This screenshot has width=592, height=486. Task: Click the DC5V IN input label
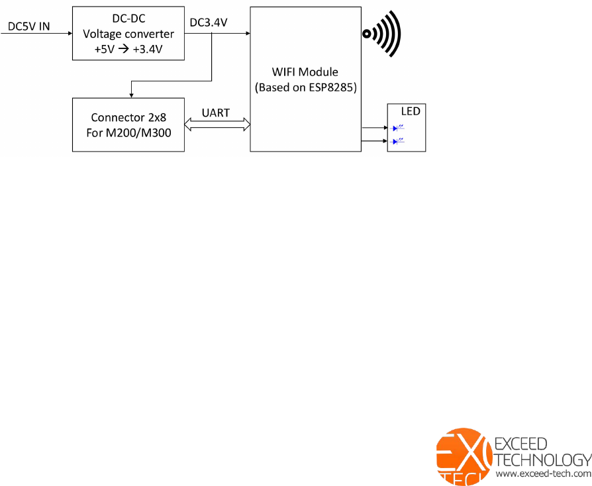(x=28, y=27)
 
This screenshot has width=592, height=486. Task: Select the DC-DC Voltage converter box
(x=128, y=33)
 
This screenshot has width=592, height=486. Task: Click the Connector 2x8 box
(x=128, y=124)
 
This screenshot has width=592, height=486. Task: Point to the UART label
(x=216, y=113)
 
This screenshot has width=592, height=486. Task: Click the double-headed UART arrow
(x=217, y=124)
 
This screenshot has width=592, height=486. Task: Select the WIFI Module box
(x=305, y=79)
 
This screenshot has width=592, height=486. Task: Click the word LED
(x=411, y=111)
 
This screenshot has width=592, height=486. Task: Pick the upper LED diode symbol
(x=399, y=128)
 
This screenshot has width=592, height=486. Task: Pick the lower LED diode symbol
(x=399, y=141)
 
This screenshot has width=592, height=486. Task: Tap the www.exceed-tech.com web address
(x=543, y=474)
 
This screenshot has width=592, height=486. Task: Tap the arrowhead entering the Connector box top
(x=132, y=95)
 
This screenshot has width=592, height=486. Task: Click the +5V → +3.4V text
(x=128, y=48)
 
